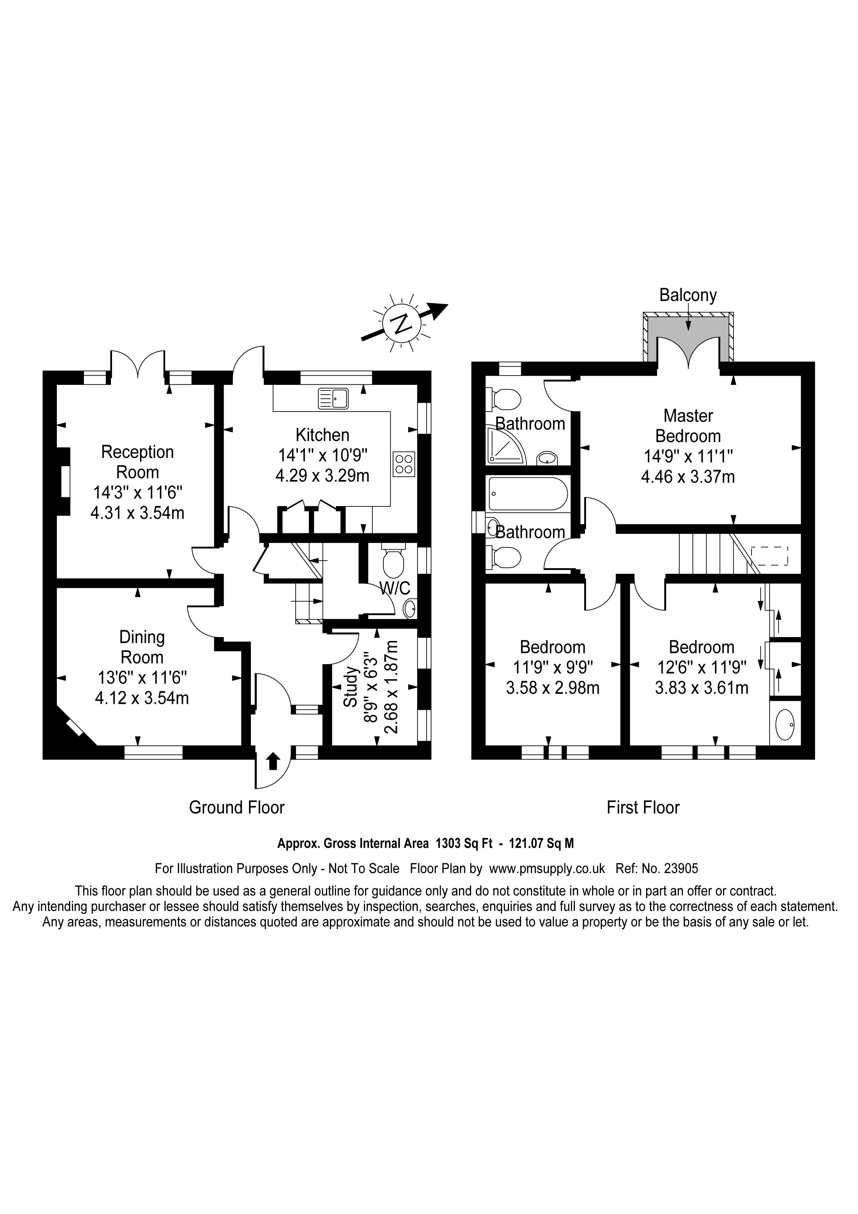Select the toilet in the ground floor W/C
(393, 562)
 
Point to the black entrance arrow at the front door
(273, 761)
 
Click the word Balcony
(688, 295)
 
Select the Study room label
(350, 687)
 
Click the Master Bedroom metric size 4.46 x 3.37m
(688, 477)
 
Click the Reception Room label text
(137, 462)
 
